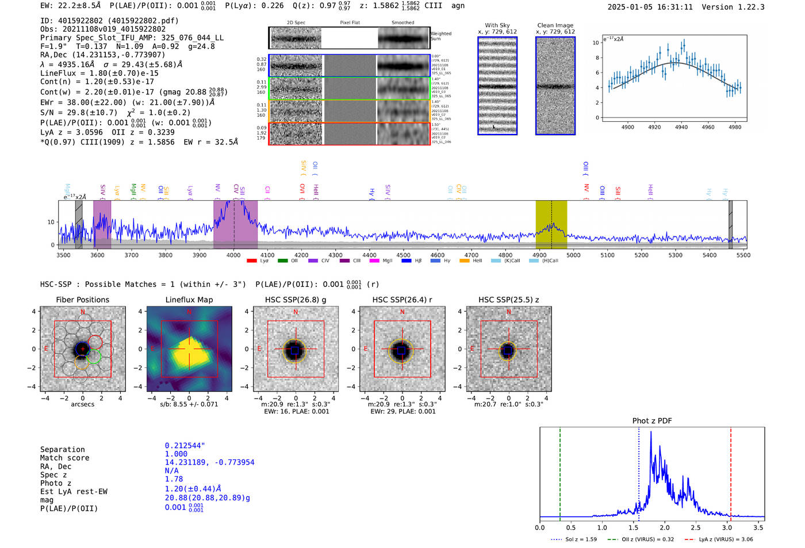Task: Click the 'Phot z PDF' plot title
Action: (652, 420)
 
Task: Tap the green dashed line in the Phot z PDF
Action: (559, 472)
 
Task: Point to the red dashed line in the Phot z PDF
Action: (731, 472)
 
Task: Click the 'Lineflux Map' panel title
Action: (189, 300)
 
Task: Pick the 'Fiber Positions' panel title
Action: (82, 300)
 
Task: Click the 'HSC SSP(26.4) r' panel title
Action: (402, 300)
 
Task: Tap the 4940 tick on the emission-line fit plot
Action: (681, 127)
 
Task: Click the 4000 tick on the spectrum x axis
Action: (233, 255)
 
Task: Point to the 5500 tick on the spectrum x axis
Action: (743, 255)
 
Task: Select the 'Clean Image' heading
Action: (555, 25)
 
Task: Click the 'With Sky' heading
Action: (497, 25)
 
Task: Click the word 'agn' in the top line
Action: (458, 6)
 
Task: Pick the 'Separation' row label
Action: (62, 450)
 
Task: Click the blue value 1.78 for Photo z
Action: (174, 479)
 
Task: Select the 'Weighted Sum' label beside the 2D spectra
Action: (440, 36)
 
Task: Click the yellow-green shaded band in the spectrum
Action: (551, 224)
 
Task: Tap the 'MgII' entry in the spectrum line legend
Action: (388, 261)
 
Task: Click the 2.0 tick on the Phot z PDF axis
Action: (664, 527)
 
